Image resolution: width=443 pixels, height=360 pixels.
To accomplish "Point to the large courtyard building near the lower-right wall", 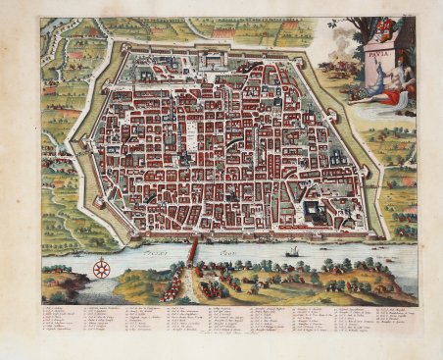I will (x=317, y=210).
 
